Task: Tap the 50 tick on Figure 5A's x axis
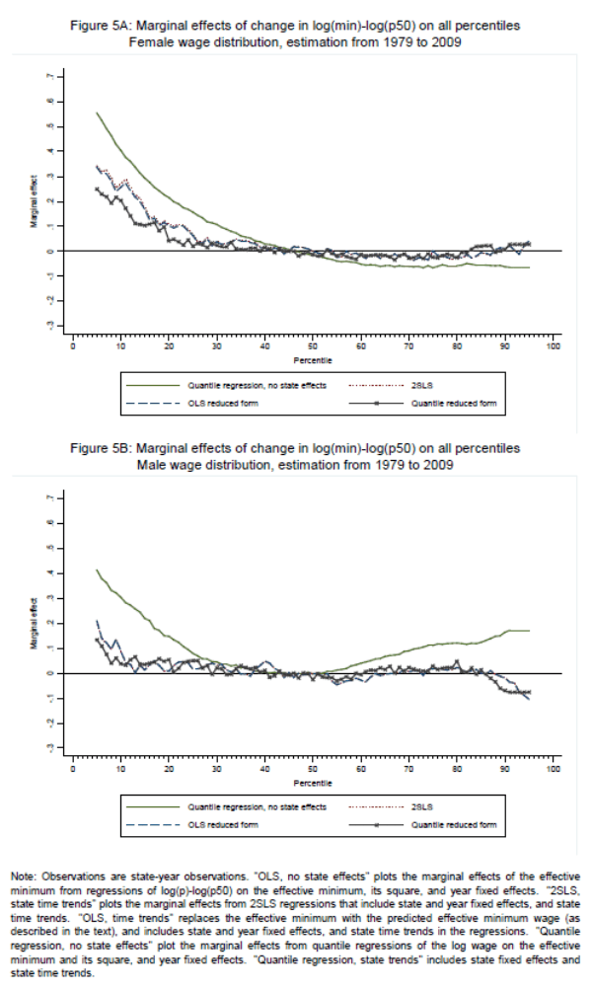click(312, 347)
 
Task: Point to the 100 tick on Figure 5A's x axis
click(553, 347)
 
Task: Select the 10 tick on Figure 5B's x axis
click(120, 768)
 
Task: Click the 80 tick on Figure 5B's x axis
click(457, 768)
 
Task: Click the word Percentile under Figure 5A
click(312, 361)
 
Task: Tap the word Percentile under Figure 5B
click(312, 782)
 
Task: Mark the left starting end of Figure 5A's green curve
click(97, 113)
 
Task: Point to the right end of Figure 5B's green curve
click(530, 631)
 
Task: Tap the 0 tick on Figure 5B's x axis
click(73, 768)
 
